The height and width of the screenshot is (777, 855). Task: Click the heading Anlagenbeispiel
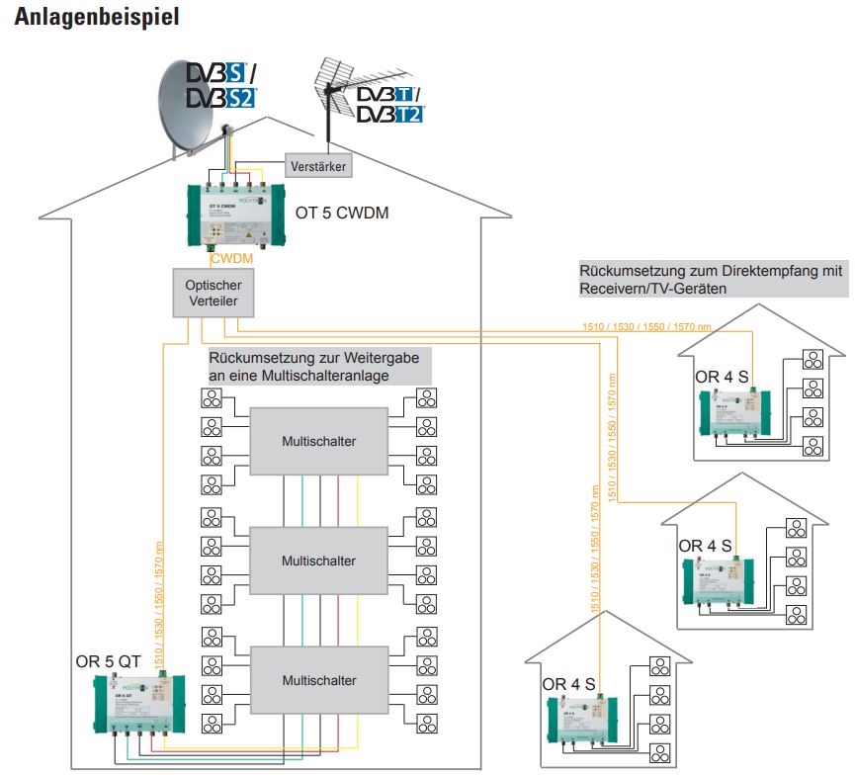pos(97,19)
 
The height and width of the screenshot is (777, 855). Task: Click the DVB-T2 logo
pos(389,115)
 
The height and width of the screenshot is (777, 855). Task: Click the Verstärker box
pos(317,166)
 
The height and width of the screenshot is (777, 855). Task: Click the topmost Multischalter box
pos(318,441)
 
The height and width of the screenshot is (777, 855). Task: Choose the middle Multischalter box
pos(318,561)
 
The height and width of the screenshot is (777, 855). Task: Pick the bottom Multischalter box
pos(318,680)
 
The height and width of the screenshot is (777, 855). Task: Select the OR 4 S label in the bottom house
pos(568,684)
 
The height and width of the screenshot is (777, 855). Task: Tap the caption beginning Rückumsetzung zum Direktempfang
pos(712,279)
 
